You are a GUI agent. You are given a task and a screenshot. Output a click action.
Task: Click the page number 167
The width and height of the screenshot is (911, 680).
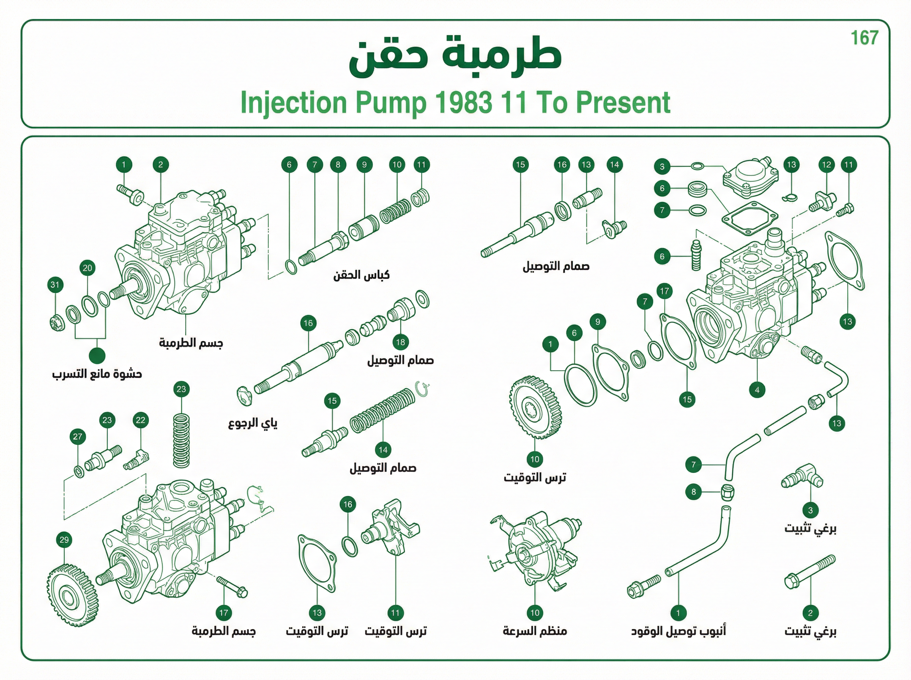pyautogui.click(x=864, y=38)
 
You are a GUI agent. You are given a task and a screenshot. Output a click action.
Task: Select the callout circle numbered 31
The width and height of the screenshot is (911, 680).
pyautogui.click(x=55, y=285)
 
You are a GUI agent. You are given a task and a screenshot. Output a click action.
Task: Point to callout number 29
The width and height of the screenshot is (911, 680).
pyautogui.click(x=64, y=540)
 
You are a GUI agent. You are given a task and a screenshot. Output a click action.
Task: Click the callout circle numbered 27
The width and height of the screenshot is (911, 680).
pyautogui.click(x=78, y=436)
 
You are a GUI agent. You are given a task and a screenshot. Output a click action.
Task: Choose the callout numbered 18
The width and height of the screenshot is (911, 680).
pyautogui.click(x=400, y=342)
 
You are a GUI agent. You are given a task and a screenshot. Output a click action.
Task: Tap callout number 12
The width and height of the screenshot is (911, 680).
pyautogui.click(x=826, y=165)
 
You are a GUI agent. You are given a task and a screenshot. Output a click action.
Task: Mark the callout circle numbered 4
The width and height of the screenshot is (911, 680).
pyautogui.click(x=757, y=390)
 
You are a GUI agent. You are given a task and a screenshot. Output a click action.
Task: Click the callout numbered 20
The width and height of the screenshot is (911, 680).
pyautogui.click(x=87, y=268)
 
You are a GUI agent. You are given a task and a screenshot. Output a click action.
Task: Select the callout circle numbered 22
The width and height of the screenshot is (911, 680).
pyautogui.click(x=140, y=420)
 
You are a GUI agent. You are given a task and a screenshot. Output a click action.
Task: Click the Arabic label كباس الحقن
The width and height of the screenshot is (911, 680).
pyautogui.click(x=361, y=275)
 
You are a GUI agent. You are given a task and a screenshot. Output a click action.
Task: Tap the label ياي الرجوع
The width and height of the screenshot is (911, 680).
pyautogui.click(x=253, y=423)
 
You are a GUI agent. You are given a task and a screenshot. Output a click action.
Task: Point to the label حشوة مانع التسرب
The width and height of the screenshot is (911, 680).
pyautogui.click(x=97, y=374)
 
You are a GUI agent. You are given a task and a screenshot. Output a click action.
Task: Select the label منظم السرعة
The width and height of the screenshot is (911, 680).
pyautogui.click(x=535, y=631)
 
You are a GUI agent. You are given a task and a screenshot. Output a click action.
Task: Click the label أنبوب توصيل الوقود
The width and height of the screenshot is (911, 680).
pyautogui.click(x=678, y=631)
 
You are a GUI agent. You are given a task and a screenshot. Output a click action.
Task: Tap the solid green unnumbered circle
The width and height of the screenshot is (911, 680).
pyautogui.click(x=97, y=356)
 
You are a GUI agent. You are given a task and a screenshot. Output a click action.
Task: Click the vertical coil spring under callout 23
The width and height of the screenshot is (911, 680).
pyautogui.click(x=181, y=441)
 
